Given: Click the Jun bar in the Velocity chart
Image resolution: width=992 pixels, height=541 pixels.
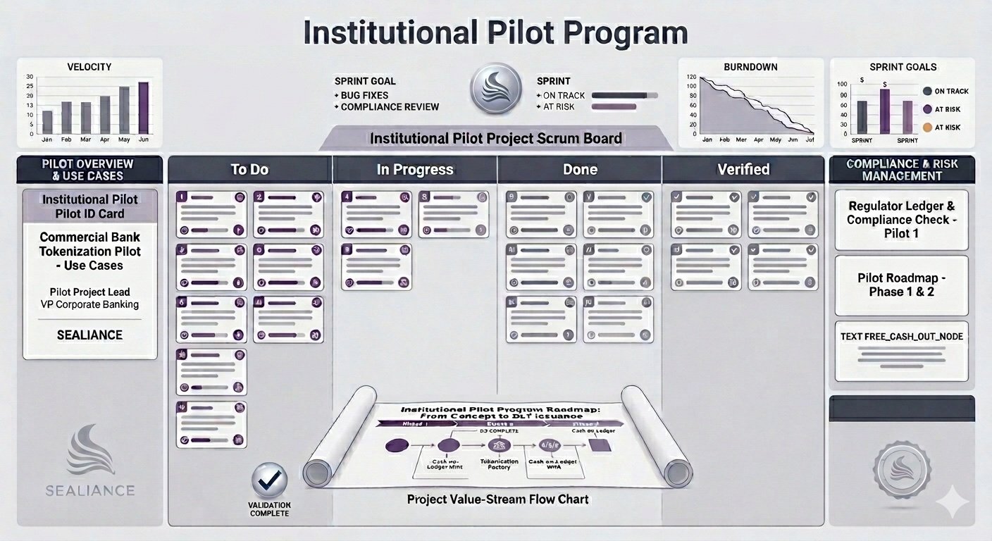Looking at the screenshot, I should [143, 108].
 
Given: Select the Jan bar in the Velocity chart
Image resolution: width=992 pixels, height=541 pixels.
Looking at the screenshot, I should [47, 122].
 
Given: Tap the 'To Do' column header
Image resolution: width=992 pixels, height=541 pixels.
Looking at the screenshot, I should [249, 170].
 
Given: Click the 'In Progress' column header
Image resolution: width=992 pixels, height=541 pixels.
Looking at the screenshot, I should [414, 170].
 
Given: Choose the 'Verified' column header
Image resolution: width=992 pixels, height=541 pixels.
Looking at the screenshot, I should [743, 170].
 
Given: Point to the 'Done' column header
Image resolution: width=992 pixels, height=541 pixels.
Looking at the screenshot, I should [580, 170].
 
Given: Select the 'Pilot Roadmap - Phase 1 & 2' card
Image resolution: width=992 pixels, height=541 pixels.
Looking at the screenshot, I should [901, 285].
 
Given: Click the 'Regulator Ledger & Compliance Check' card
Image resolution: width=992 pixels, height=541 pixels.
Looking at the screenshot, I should [901, 219].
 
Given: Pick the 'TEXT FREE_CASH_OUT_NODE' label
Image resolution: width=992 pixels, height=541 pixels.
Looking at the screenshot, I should [901, 336].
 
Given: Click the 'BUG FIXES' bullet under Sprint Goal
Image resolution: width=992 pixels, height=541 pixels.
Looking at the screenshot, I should [364, 95].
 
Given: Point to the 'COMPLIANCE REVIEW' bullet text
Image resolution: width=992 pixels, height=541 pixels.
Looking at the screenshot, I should [390, 107].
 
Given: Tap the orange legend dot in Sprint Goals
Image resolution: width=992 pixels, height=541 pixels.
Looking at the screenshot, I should [928, 128].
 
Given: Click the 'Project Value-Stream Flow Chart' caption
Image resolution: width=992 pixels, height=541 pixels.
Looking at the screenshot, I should [497, 499].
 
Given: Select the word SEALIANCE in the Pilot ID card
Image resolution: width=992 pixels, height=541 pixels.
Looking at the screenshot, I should [89, 335].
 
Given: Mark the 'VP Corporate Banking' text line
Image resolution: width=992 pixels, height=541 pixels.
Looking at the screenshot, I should [89, 304].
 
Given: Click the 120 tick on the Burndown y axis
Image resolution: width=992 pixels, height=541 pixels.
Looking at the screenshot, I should [691, 77].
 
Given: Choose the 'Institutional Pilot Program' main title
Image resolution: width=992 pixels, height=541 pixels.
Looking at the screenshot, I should [495, 33].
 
